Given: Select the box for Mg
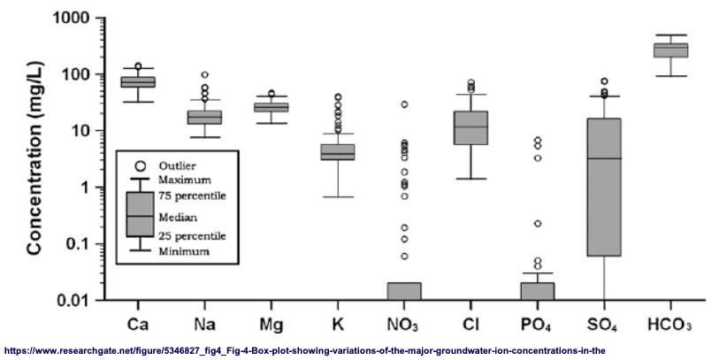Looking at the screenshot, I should coord(272,107).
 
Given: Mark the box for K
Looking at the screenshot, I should coord(338,152).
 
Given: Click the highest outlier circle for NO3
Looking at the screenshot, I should coord(404,104).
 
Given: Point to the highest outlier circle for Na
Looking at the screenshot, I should coord(204,75).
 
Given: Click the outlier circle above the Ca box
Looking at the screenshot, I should coord(138,66).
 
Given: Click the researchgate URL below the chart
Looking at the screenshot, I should coord(305,349).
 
